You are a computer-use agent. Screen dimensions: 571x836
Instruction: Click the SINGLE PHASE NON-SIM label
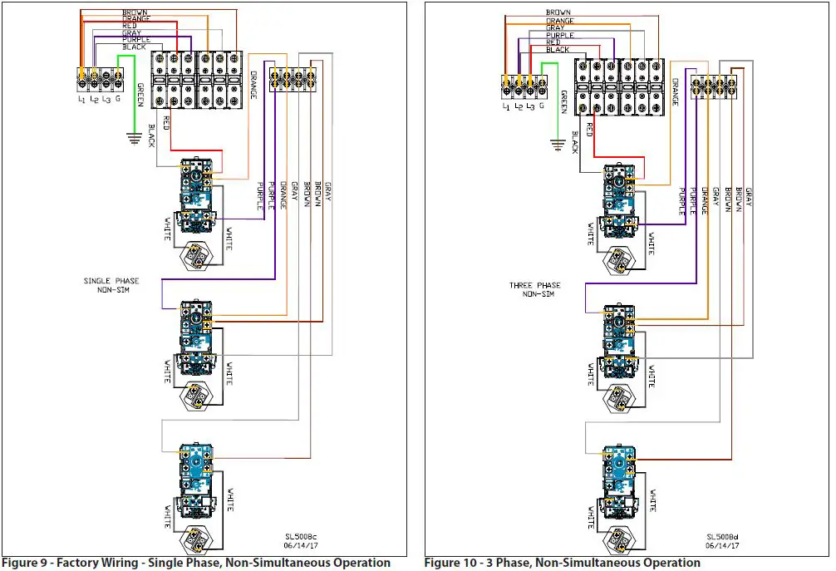111,285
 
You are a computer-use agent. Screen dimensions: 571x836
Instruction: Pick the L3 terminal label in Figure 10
529,106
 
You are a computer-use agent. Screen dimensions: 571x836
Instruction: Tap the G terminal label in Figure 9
118,99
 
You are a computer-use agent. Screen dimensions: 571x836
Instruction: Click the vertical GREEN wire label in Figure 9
140,95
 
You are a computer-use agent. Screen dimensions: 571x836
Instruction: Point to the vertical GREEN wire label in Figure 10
564,101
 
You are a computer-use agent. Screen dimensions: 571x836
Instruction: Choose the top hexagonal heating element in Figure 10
619,259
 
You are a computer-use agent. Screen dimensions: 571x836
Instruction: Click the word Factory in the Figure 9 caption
88,563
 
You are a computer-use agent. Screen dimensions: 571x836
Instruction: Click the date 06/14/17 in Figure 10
722,546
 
